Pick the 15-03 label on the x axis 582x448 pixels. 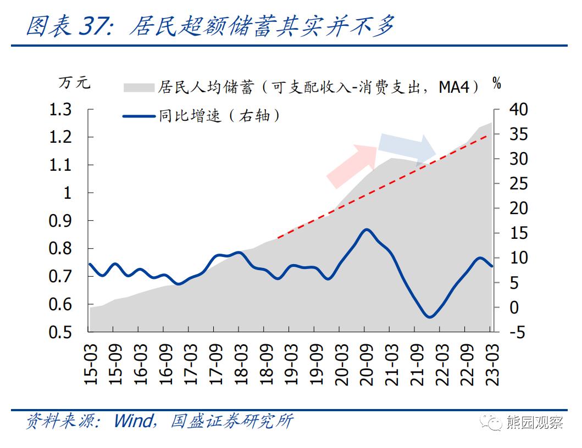pos(91,365)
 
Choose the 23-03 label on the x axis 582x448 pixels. pos(492,365)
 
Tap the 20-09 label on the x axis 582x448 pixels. pos(367,365)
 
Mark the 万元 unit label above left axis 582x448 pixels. pos(74,84)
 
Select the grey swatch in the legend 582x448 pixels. pos(138,87)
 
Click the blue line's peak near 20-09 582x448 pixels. pos(367,229)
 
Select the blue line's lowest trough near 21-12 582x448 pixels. pos(430,317)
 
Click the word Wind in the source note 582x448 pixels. pos(134,422)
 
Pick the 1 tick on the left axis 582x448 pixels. pos(69,193)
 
